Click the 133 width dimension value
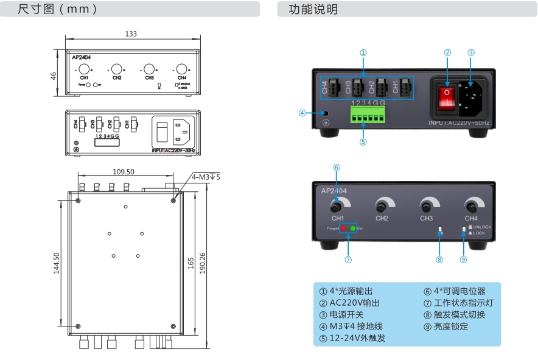130,34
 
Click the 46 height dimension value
53,76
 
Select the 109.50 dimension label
124,172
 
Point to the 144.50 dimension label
56,264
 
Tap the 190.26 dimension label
203,263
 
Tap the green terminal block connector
367,115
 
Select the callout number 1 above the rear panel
363,52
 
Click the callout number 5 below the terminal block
363,143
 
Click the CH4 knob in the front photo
470,205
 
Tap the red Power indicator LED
343,228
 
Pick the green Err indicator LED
352,228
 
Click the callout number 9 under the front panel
463,259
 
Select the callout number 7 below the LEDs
348,259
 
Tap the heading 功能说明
313,10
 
